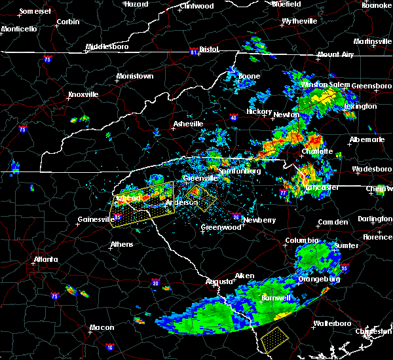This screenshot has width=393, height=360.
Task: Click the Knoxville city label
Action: point(83,94)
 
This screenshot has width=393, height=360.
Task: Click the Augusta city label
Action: point(219,281)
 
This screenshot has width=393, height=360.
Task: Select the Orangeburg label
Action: point(318,279)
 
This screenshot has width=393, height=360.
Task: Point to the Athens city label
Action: point(121,244)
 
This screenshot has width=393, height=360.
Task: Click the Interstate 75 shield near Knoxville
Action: point(24,129)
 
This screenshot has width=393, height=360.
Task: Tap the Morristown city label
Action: point(135,76)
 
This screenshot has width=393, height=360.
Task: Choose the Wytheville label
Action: point(299,21)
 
